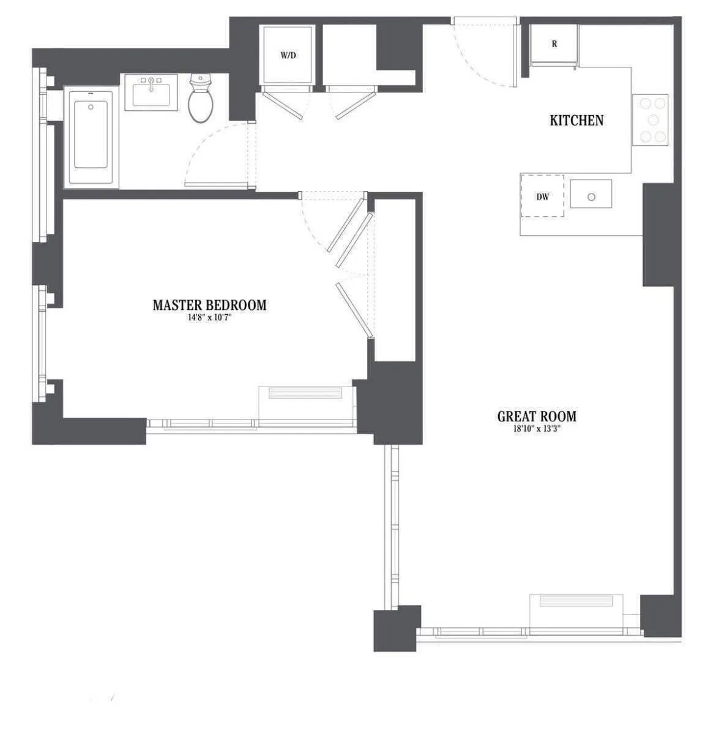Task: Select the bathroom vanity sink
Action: click(x=151, y=93)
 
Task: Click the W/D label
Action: click(x=288, y=56)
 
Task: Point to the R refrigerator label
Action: click(x=554, y=44)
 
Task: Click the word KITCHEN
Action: click(x=576, y=121)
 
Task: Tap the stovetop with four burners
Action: click(x=650, y=120)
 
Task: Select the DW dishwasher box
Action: click(x=542, y=196)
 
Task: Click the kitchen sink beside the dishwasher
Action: click(x=591, y=194)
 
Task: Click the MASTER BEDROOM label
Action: click(x=209, y=305)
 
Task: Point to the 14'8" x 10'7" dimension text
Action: click(x=209, y=317)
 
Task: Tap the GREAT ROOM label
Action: click(x=537, y=417)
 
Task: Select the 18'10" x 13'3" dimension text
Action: click(x=537, y=429)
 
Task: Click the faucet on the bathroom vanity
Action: click(x=151, y=82)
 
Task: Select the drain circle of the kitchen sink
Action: click(x=591, y=197)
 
